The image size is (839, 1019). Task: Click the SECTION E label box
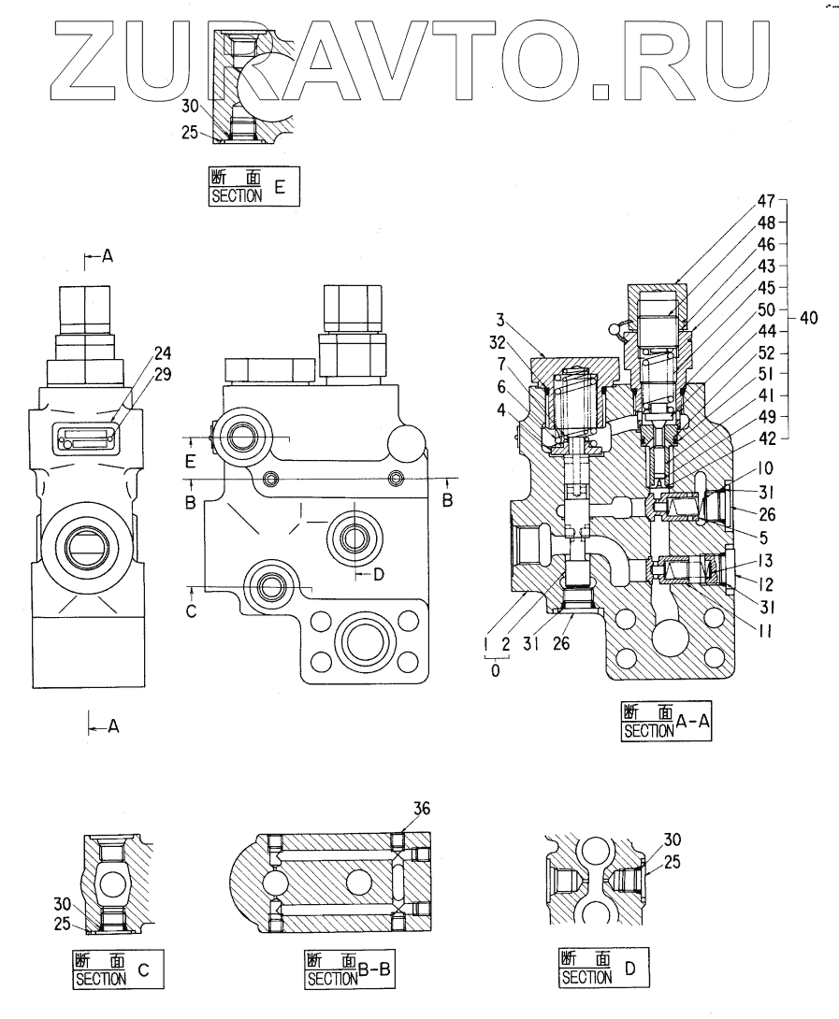click(x=254, y=187)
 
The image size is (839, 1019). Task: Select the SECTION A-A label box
click(x=666, y=722)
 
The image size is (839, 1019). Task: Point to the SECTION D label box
click(x=604, y=969)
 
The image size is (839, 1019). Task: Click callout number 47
click(x=766, y=201)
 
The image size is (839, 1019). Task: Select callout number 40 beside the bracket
click(x=808, y=318)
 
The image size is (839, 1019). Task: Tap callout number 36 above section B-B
click(x=422, y=808)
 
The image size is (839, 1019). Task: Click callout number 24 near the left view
click(x=163, y=352)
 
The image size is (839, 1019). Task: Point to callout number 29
click(x=163, y=374)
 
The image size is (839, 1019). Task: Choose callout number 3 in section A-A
click(x=500, y=320)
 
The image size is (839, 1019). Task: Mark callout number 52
click(x=767, y=352)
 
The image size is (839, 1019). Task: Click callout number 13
click(x=765, y=561)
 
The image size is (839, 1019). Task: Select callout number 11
click(x=765, y=629)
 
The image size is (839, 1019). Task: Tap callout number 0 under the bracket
click(x=496, y=670)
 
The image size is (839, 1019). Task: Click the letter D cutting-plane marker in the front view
click(x=379, y=575)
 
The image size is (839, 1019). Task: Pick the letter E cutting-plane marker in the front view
click(x=191, y=462)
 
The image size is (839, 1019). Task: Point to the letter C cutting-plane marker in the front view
click(x=191, y=610)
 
